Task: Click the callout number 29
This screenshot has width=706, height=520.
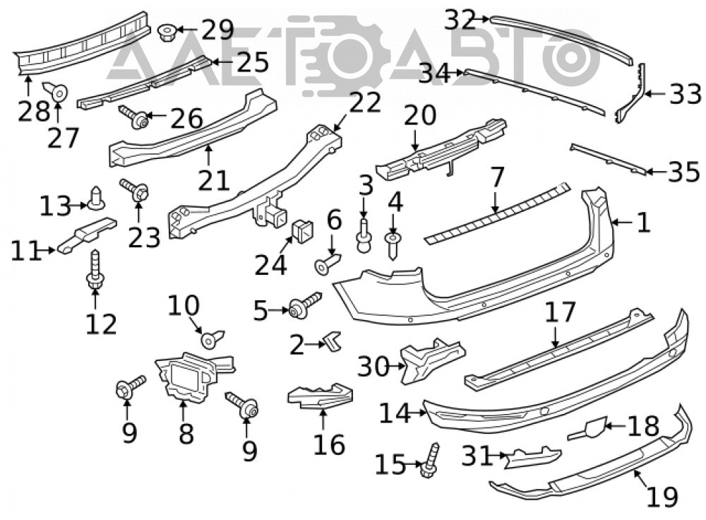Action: coord(217,30)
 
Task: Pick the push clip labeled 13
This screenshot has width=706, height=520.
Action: coord(96,199)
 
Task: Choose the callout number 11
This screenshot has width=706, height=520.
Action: coord(26,251)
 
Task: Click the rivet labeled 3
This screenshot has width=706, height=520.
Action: coord(364,236)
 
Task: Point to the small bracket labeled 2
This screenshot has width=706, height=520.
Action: coord(334,341)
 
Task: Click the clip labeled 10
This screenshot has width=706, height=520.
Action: coord(212,339)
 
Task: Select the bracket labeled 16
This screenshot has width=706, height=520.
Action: coord(321,396)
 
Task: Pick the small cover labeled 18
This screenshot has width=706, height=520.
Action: coord(587,429)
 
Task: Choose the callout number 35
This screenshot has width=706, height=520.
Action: coord(684,172)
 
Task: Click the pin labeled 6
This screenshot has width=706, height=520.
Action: coord(328,264)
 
